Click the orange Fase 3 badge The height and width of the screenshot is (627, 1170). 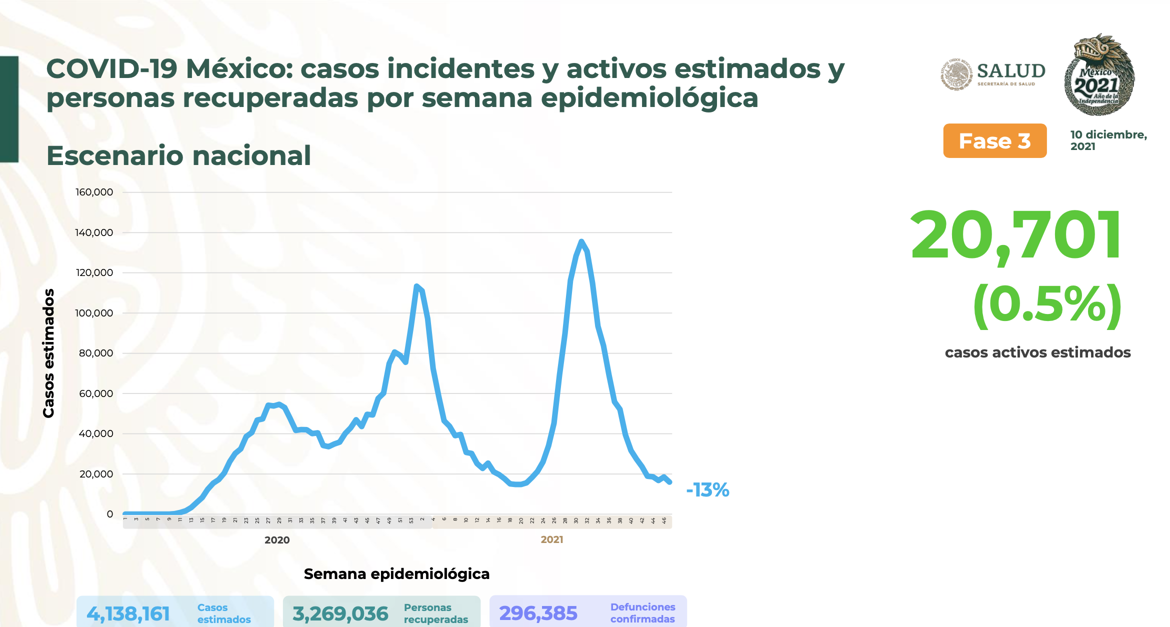tap(994, 141)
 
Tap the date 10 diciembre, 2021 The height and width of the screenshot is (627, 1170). tap(1108, 140)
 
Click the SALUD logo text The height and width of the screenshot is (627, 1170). tap(1011, 71)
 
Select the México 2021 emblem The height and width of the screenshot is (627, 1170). tap(1098, 75)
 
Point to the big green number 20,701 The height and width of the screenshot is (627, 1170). tap(1015, 235)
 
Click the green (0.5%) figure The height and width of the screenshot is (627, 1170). tap(1047, 305)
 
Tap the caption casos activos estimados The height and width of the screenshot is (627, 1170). tap(1037, 352)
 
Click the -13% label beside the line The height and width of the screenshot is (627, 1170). tap(707, 490)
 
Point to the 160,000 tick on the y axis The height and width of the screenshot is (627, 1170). tap(94, 192)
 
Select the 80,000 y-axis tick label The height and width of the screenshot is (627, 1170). tap(96, 353)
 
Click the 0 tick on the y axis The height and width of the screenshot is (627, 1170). tap(110, 514)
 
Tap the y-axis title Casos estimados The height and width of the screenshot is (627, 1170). tap(48, 353)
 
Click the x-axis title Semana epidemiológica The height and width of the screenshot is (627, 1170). tap(396, 574)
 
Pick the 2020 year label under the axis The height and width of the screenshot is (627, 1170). tap(277, 540)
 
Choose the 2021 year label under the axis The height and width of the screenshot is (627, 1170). tap(552, 539)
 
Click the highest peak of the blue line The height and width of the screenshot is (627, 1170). tap(581, 242)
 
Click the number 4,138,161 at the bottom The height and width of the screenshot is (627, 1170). tap(128, 614)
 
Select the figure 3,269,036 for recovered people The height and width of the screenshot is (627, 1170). tap(340, 614)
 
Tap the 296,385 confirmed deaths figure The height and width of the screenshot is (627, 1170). tap(538, 613)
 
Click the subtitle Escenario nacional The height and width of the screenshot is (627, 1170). tap(178, 155)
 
